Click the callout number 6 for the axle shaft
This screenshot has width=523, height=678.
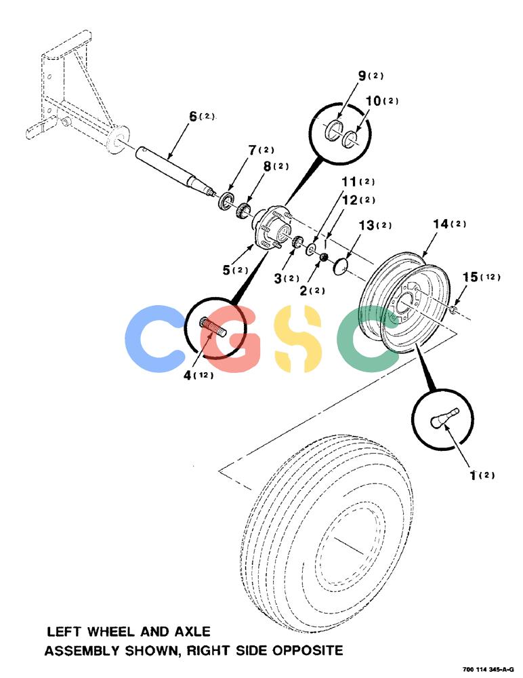click(x=193, y=117)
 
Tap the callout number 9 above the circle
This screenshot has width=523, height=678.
click(x=362, y=76)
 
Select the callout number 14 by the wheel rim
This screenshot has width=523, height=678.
click(x=441, y=224)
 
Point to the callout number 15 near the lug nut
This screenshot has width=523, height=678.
click(x=470, y=277)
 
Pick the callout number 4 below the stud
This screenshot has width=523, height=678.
click(x=188, y=376)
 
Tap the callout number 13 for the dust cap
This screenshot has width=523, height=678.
click(x=367, y=225)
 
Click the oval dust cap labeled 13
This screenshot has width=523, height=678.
click(x=341, y=266)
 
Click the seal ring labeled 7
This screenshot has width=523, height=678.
click(x=226, y=201)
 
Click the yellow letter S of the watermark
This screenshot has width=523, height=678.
click(x=298, y=338)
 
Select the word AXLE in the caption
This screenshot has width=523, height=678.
click(x=192, y=632)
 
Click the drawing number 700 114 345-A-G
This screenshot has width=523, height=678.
click(x=488, y=669)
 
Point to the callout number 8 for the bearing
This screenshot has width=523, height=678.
click(x=268, y=167)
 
